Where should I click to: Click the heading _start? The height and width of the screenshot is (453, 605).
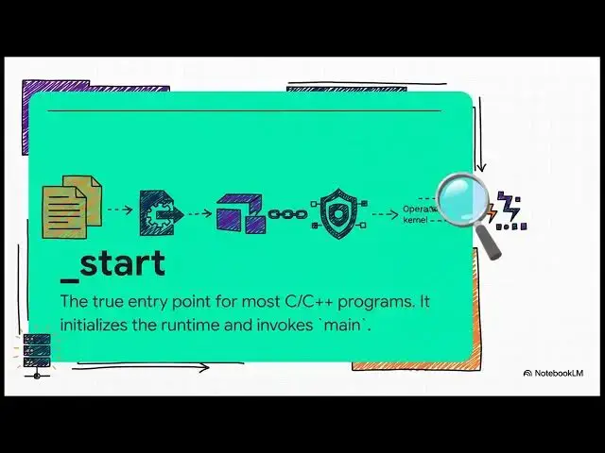click(112, 264)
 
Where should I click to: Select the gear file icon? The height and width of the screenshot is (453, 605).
click(159, 212)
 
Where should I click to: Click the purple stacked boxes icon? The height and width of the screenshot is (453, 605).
click(242, 212)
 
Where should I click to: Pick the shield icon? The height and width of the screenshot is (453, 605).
click(337, 213)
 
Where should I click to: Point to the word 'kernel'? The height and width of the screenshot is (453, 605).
click(415, 220)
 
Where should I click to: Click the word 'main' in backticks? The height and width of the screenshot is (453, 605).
click(340, 325)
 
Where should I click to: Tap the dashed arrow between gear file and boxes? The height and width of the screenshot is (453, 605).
click(198, 212)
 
